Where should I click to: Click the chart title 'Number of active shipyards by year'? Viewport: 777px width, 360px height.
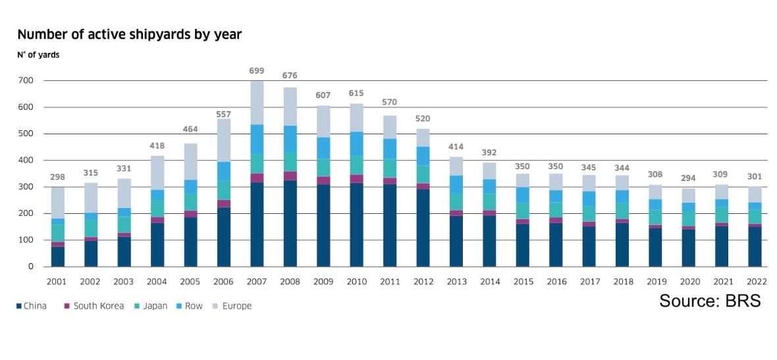[129, 35]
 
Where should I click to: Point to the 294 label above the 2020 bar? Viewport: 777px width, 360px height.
[688, 179]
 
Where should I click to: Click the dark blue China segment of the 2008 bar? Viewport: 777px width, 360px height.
[290, 223]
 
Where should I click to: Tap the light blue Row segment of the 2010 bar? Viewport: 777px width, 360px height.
[356, 143]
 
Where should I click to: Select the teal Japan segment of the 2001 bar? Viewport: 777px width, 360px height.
[58, 233]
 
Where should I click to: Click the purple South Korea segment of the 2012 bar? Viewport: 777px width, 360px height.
[423, 186]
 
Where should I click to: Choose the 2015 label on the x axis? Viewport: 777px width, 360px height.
[523, 282]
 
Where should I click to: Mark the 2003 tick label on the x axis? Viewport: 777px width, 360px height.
[124, 282]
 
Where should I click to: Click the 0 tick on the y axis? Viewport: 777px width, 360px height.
[31, 267]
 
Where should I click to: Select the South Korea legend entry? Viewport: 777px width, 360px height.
[95, 306]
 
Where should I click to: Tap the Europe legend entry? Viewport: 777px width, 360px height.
[232, 306]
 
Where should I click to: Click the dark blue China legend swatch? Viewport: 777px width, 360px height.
[20, 306]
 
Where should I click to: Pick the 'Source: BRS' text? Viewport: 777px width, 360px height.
[710, 301]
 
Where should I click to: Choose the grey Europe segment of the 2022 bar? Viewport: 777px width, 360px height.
[755, 195]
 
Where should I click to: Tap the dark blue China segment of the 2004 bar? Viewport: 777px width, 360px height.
[157, 245]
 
